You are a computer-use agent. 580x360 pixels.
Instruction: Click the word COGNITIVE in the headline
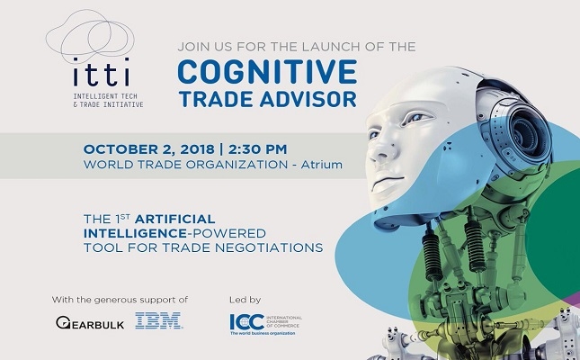pyautogui.click(x=267, y=72)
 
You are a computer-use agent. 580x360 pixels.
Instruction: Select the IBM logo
pyautogui.click(x=158, y=320)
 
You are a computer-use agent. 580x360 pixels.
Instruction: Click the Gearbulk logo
pyautogui.click(x=90, y=322)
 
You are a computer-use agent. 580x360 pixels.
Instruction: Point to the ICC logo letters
pyautogui.click(x=246, y=322)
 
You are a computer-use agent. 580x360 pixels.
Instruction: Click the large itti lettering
pyautogui.click(x=101, y=72)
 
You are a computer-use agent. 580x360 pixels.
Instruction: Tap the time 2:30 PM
pyautogui.click(x=257, y=149)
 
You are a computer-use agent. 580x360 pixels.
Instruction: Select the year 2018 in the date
pyautogui.click(x=197, y=149)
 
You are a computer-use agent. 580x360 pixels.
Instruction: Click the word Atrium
pyautogui.click(x=321, y=165)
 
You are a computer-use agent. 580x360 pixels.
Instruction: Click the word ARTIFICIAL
pyautogui.click(x=174, y=219)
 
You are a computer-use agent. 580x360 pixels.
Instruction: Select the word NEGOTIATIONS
pyautogui.click(x=269, y=247)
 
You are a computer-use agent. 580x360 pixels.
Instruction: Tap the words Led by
pyautogui.click(x=245, y=300)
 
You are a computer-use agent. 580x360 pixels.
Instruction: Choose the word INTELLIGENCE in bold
pyautogui.click(x=134, y=233)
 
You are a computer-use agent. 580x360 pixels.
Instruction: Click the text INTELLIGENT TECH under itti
pyautogui.click(x=105, y=96)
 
